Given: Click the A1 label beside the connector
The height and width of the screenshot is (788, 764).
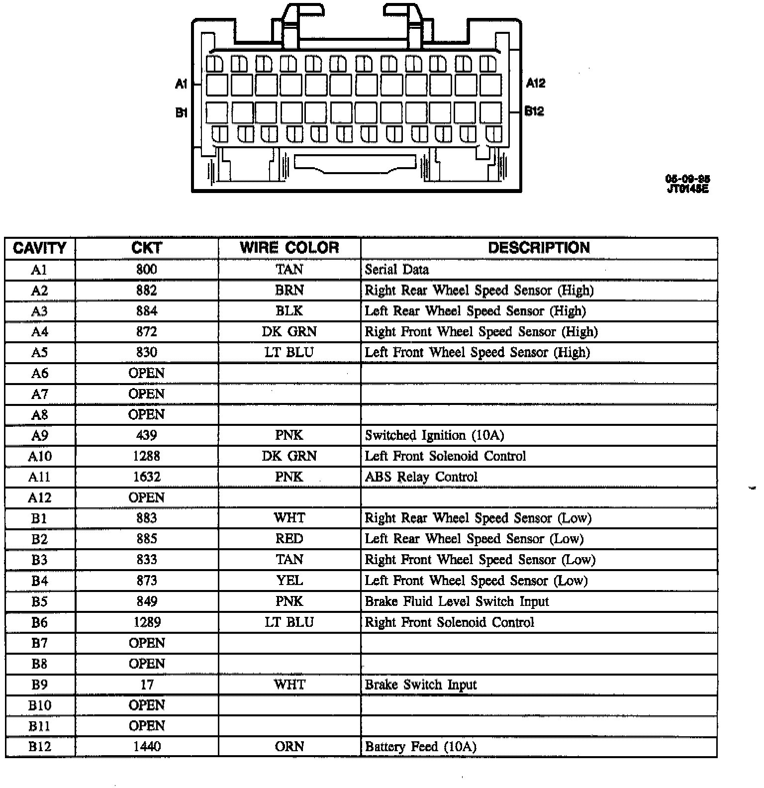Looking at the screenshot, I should pos(181,84).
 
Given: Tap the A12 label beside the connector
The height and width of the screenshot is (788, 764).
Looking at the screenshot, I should pos(535,83).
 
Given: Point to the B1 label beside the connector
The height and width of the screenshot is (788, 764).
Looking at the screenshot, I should pos(181,113).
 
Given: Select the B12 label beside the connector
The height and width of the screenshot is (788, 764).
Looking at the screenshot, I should pos(534,111).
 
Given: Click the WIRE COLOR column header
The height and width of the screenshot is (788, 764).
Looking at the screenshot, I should pos(289,248).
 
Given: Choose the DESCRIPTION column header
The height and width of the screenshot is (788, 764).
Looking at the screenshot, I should pos(539,248).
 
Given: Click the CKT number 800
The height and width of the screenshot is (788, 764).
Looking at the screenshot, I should pos(146,270).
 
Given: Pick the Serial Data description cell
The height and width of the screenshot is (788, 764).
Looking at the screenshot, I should pos(396,270).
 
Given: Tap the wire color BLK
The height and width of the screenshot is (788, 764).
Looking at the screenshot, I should pos(289,311).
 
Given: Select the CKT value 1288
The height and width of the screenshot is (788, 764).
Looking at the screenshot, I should pos(147,456).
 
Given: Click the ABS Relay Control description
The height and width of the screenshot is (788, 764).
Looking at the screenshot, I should pos(421,477).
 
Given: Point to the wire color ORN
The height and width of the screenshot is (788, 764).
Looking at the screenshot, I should pos(289,747).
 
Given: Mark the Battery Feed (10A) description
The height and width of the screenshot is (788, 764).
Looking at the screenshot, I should pos(420,747).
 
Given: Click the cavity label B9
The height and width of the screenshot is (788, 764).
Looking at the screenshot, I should pos(39,685).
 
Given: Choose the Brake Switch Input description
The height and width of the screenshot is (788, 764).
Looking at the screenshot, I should pos(420,685).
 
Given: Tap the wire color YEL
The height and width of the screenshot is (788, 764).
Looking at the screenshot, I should pos(289,581).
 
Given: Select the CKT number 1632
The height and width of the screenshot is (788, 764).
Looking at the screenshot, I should pos(147,477).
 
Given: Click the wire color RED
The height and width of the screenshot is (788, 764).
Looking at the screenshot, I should pos(289,539).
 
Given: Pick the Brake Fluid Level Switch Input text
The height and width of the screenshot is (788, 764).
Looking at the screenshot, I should pos(457,601).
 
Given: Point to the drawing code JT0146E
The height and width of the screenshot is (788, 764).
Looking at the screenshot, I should pos(688,189).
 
